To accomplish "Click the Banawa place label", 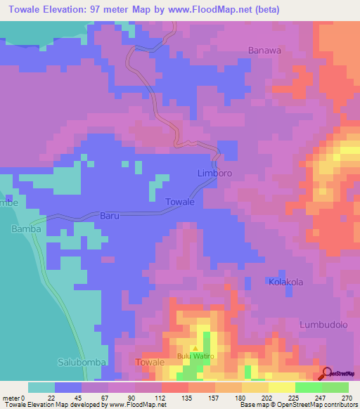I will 264,50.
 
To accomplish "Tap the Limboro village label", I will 214,173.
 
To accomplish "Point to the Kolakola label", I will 285,282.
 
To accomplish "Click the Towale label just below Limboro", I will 179,202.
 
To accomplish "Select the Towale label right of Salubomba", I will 149,362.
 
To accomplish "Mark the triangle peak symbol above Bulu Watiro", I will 195,348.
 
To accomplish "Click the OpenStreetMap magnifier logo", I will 327,372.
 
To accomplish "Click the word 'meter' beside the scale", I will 12,398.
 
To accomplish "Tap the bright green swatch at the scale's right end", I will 335,387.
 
